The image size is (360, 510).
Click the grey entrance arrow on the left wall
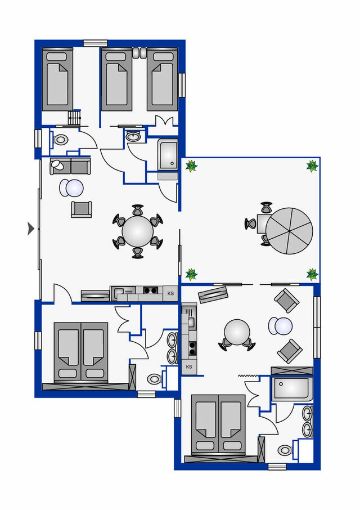31,228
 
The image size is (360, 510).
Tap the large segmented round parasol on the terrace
289,231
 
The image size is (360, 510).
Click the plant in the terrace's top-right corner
312,166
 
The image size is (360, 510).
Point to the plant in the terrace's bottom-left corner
191,274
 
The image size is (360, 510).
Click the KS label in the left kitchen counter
170,293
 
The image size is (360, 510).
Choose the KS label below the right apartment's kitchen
189,367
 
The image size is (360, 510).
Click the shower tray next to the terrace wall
168,155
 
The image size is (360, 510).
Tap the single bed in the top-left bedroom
57,79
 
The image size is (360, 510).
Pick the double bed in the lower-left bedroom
80,351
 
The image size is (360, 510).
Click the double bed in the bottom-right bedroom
218,424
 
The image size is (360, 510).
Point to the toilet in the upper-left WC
61,139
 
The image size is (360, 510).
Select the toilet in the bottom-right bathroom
286,450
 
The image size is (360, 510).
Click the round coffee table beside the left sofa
72,188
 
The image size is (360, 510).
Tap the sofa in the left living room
70,166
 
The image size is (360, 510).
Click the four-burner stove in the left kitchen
150,291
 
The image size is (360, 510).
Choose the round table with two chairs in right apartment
237,332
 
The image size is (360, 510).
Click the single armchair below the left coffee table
81,209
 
